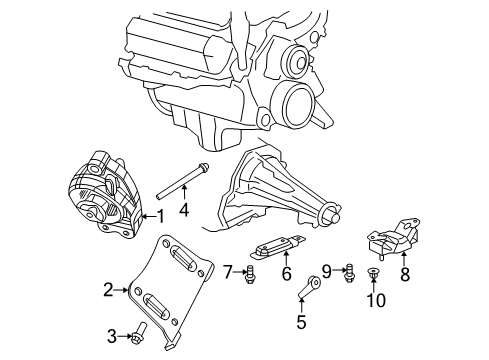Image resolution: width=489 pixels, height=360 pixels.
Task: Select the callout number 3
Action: tap(113, 335)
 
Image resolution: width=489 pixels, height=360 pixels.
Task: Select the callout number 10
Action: tap(378, 299)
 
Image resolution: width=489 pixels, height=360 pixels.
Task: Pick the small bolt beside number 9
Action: tap(346, 268)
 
